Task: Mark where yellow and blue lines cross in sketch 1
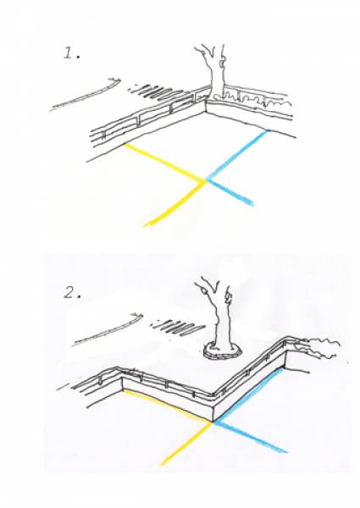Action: [206, 180]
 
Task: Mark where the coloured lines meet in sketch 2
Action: [213, 422]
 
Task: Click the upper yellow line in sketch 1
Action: [164, 162]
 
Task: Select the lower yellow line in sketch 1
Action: [176, 204]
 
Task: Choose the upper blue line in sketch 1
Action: [237, 155]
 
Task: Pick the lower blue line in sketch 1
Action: [230, 192]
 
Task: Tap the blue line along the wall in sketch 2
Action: [249, 395]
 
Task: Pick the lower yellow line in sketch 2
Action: [187, 444]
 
